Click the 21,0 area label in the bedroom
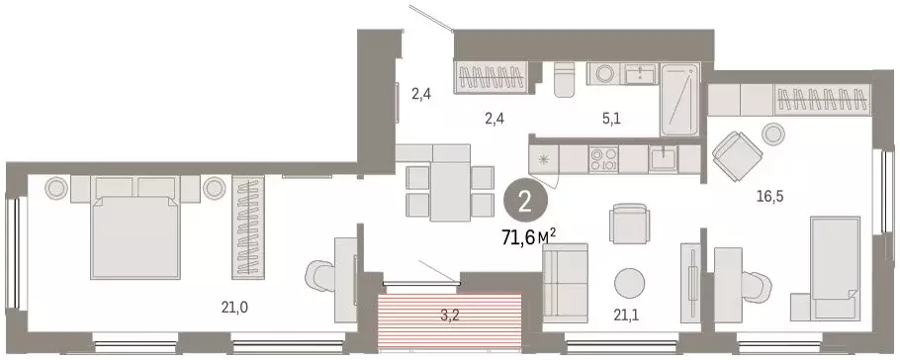click(234, 307)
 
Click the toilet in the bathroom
click(565, 79)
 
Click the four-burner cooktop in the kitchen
click(603, 158)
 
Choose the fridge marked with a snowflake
click(544, 158)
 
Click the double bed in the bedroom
click(133, 231)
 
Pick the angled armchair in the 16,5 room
click(735, 153)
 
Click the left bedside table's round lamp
click(53, 187)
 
